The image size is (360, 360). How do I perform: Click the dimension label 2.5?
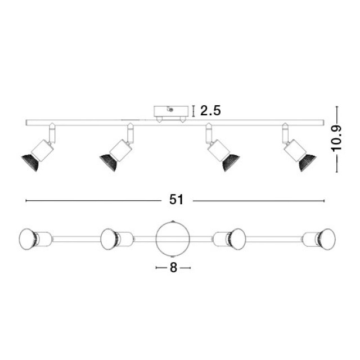[210, 111]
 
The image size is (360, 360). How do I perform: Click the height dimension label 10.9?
[336, 138]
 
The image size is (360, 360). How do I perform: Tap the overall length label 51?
[176, 200]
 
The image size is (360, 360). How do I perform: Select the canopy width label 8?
[173, 268]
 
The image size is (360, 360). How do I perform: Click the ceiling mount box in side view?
[171, 112]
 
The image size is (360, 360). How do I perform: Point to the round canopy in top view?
[173, 238]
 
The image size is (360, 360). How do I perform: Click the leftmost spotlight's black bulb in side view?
[30, 161]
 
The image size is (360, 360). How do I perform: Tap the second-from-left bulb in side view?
[109, 162]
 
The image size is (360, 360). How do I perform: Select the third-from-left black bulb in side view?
[231, 162]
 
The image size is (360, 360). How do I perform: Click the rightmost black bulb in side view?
[307, 162]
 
